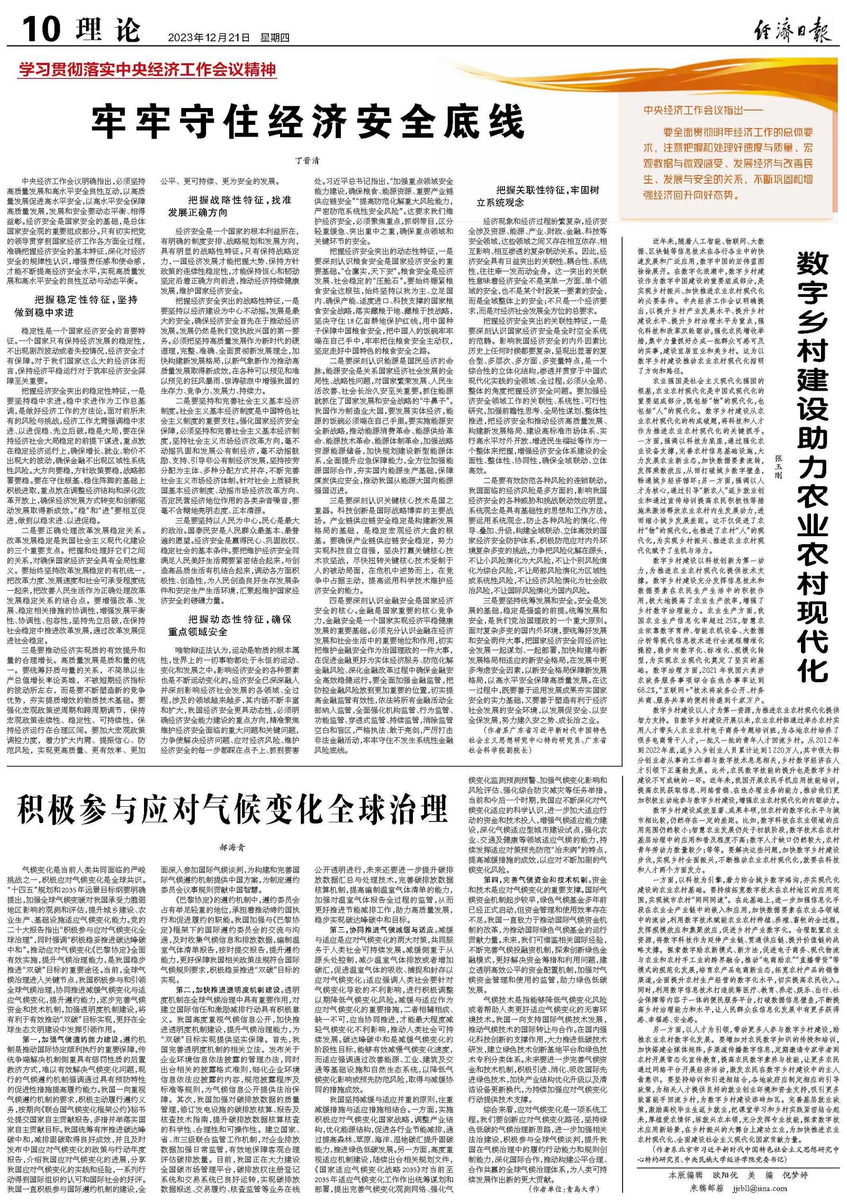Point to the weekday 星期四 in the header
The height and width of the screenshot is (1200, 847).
(275, 38)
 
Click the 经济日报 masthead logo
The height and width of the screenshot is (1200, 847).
(792, 30)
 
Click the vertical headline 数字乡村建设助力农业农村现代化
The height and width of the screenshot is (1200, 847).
(813, 466)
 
